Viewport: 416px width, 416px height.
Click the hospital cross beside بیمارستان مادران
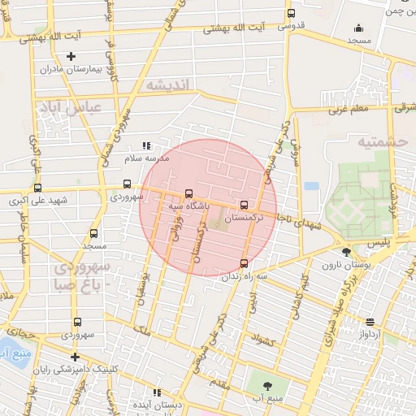72,56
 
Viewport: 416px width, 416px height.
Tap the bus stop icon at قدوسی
291,13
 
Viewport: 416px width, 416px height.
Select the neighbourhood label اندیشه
168,84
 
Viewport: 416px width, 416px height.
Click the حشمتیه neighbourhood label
381,141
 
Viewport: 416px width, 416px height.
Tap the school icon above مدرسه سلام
145,145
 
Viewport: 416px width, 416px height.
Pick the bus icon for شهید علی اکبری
37,186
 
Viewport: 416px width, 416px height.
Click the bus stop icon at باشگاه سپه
189,193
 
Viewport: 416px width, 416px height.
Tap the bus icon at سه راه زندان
245,262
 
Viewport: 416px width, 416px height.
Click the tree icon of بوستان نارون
347,251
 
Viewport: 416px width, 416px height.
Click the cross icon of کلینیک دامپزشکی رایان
75,357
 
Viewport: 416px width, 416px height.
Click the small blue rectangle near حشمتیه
311,186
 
